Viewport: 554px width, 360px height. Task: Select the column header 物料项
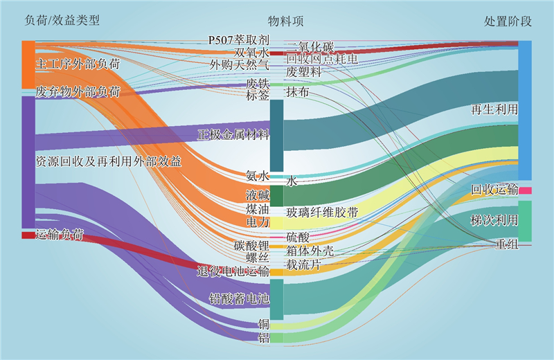point(285,21)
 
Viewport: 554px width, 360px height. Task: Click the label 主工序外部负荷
point(78,64)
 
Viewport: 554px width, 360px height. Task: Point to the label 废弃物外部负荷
point(78,91)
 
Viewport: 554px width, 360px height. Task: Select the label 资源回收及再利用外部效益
point(108,161)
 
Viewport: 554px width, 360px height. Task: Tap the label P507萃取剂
point(238,40)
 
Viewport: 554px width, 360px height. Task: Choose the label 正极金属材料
point(233,134)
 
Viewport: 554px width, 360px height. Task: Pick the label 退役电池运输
point(233,271)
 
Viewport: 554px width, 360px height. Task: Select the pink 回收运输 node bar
point(525,190)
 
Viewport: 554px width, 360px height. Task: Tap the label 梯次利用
point(494,221)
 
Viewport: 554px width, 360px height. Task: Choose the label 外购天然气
point(239,64)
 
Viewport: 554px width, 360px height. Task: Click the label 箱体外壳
point(310,251)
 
